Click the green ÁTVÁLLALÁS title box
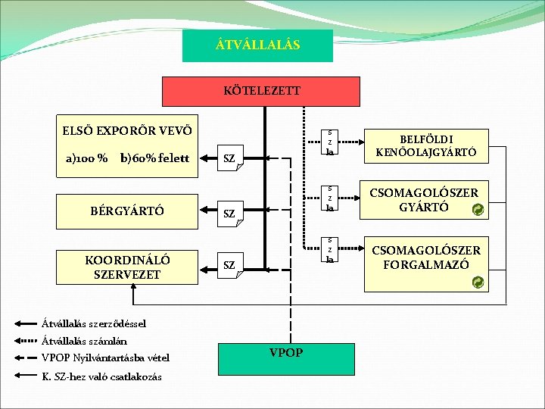258,45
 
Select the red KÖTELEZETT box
262,91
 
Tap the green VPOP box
286,354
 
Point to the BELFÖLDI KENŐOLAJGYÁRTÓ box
426,146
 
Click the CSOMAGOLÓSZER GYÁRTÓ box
426,198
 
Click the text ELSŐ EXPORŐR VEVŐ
126,129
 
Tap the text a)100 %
86,158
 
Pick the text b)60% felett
154,158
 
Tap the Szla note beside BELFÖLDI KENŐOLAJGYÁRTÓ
329,142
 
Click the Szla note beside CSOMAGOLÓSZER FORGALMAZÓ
329,250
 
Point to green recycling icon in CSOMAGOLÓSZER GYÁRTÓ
477,210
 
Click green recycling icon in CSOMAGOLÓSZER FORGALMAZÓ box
477,283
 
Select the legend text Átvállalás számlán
84,341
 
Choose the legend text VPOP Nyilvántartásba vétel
105,357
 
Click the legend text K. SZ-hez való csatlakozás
101,376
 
